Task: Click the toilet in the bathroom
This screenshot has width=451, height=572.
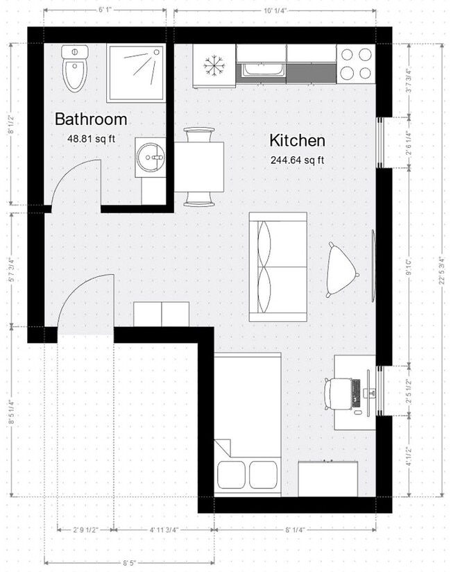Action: click(x=74, y=68)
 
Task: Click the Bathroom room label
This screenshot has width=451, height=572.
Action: click(x=91, y=119)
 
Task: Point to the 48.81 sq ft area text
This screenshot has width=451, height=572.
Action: click(x=91, y=138)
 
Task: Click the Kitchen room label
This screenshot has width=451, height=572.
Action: click(x=297, y=141)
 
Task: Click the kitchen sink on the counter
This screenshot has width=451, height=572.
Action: click(x=262, y=70)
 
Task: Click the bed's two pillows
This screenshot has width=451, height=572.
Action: click(x=248, y=475)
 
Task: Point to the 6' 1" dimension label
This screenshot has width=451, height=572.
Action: click(x=106, y=10)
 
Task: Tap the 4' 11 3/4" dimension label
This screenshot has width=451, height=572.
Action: click(x=164, y=530)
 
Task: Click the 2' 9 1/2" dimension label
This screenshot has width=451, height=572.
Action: click(x=85, y=530)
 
